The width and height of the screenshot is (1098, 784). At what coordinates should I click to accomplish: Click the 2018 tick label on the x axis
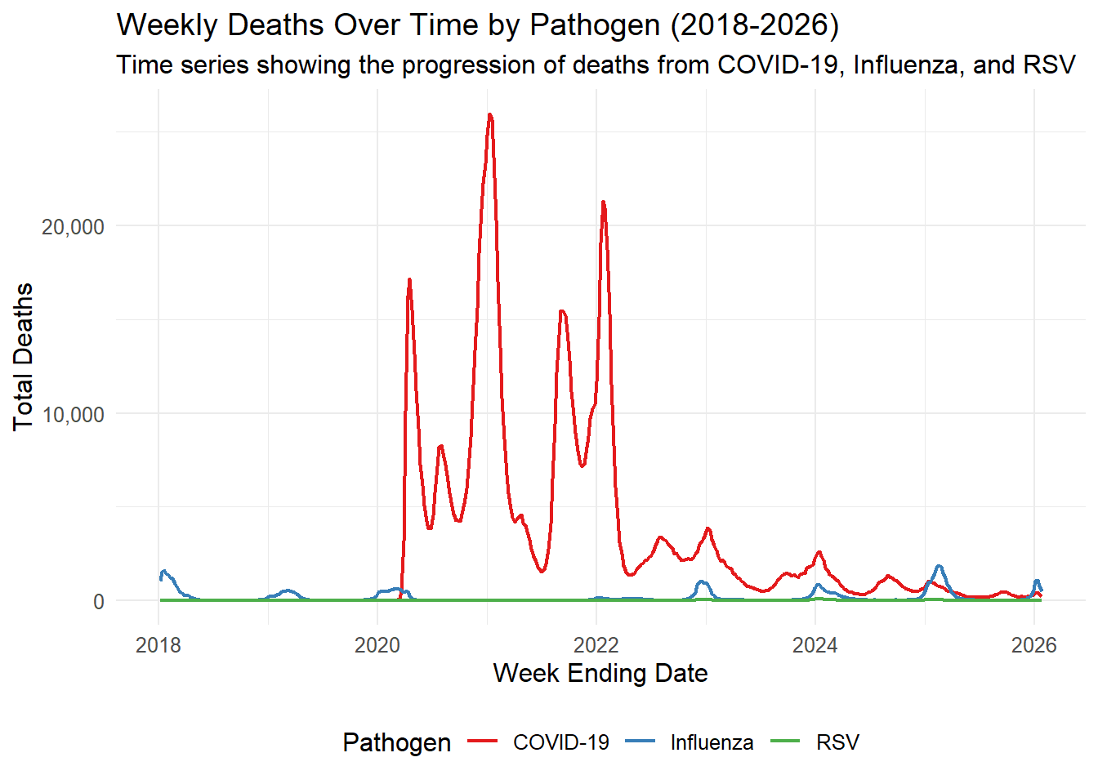[158, 645]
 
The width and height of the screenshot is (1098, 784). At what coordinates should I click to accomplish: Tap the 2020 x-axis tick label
[377, 645]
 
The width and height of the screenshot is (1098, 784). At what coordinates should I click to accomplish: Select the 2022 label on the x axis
[596, 645]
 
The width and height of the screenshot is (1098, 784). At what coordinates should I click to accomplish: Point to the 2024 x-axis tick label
[815, 645]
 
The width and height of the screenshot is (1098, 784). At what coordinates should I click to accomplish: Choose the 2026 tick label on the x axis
[1034, 645]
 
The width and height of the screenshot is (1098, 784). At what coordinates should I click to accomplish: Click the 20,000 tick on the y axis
[74, 227]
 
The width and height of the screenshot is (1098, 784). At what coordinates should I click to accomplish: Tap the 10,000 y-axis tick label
[74, 415]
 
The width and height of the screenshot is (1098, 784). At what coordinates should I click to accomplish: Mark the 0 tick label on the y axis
[99, 602]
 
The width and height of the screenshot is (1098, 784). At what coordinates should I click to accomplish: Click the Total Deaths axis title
[23, 357]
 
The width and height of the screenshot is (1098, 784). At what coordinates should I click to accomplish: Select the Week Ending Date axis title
[600, 673]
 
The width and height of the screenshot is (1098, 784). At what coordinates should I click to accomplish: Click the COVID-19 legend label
[560, 742]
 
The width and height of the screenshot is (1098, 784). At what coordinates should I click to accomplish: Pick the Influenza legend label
[712, 742]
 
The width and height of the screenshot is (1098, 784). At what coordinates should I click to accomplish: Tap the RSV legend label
[837, 742]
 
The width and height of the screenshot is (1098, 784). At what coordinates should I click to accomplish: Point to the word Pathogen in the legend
[397, 742]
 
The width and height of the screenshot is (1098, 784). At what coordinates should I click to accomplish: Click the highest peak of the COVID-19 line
[489, 114]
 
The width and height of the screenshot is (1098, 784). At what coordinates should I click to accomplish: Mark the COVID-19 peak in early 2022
[603, 202]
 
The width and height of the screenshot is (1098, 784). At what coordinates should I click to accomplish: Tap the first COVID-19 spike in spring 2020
[409, 280]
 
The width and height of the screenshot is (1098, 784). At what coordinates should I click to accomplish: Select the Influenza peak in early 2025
[940, 566]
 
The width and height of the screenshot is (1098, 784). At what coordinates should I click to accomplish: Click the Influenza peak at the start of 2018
[164, 571]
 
